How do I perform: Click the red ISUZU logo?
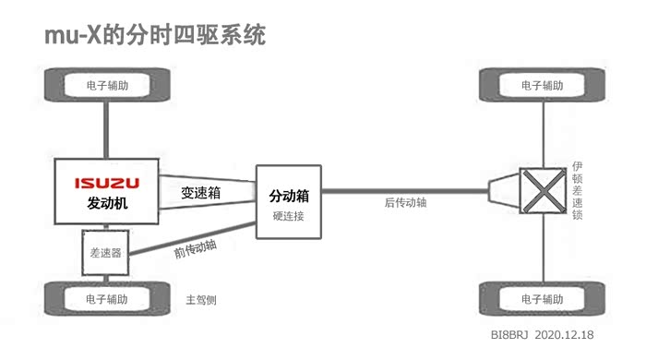107,183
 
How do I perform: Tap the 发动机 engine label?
107,203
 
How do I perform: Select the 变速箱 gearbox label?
200,192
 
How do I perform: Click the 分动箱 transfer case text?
289,196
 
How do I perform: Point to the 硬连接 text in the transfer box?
288,216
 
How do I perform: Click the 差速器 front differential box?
105,253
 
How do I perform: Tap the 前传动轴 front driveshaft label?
196,249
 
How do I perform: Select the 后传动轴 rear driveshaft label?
405,202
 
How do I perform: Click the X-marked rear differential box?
543,191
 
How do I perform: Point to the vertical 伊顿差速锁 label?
577,190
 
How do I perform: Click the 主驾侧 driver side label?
201,300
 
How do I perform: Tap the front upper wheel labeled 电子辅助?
107,85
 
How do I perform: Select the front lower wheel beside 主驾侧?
107,299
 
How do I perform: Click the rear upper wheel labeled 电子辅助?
543,85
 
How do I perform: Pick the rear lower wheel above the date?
543,299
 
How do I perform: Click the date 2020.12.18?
564,334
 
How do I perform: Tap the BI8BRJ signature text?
509,334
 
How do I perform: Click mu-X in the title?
73,34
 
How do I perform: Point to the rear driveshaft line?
404,191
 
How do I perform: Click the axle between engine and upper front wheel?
106,130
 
